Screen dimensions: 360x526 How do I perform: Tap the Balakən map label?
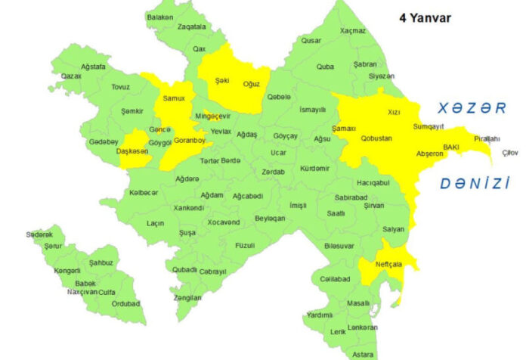click(161, 17)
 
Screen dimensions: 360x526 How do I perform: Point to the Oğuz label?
click(252, 84)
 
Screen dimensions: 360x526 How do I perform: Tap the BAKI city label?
click(451, 147)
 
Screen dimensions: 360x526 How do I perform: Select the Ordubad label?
click(125, 303)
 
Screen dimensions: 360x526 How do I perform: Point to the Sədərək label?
click(39, 235)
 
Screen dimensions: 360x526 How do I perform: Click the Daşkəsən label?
click(133, 151)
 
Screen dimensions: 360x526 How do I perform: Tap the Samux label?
click(174, 99)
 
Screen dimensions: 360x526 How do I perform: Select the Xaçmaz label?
click(353, 30)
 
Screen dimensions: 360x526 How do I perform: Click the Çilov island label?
click(511, 153)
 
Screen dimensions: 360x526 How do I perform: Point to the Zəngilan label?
click(187, 297)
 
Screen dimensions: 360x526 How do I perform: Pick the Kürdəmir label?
click(314, 168)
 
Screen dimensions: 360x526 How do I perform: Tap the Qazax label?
click(71, 76)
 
